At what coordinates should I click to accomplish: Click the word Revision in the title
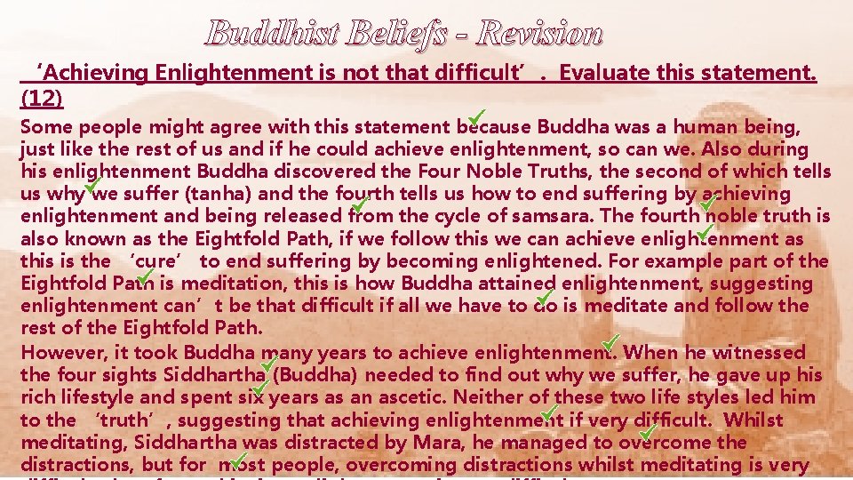coord(539,35)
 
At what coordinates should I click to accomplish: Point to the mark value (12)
coord(41,96)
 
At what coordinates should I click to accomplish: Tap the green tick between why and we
coord(90,185)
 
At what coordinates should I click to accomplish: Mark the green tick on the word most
coord(237,458)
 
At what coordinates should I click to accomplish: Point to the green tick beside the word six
coord(260,387)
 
